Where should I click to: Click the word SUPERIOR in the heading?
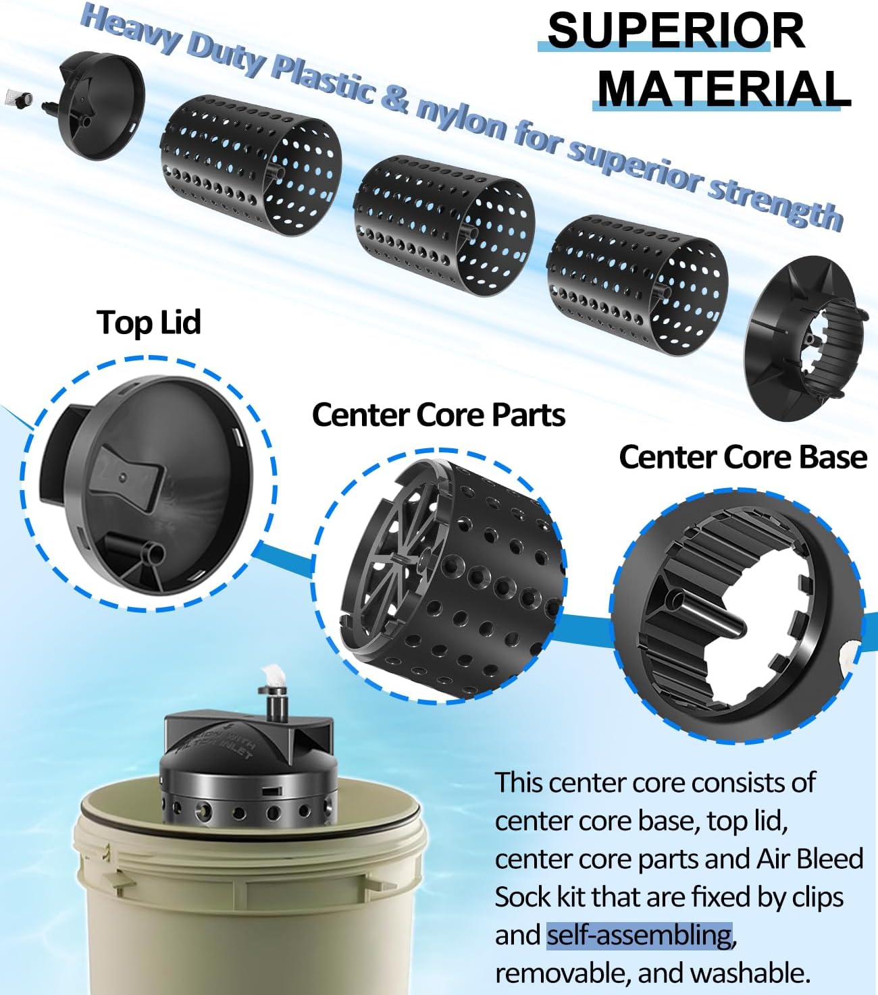click(675, 30)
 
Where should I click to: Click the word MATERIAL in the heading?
click(723, 88)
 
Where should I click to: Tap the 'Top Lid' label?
click(149, 322)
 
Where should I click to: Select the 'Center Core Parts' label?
click(438, 414)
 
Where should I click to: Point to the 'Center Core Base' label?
click(742, 457)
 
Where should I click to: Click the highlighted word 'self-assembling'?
click(639, 936)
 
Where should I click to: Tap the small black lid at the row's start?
click(101, 108)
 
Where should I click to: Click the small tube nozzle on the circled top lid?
click(150, 554)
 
